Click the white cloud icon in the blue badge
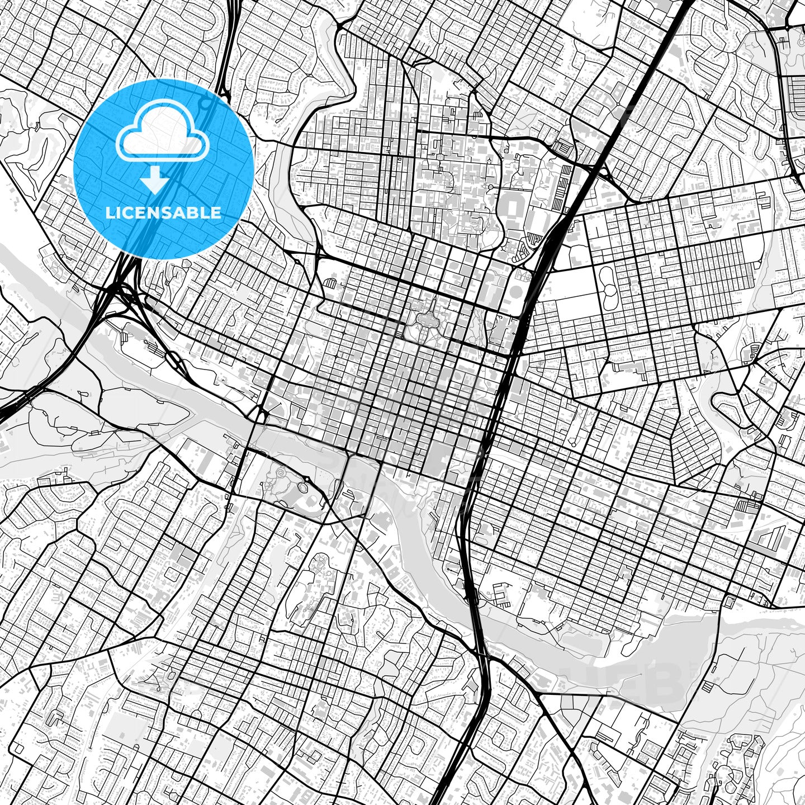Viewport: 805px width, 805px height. pos(163,134)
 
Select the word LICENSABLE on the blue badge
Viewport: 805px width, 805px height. pos(163,213)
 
